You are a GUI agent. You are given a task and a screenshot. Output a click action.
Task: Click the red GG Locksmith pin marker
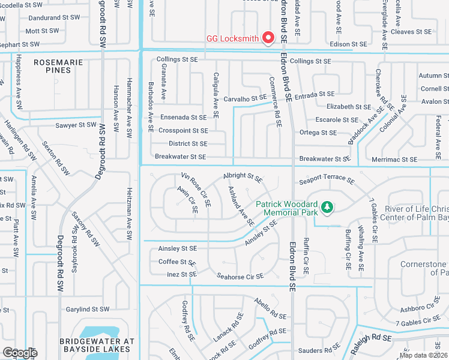pyautogui.click(x=268, y=38)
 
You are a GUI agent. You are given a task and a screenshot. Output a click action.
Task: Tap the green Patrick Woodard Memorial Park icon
pyautogui.click(x=327, y=207)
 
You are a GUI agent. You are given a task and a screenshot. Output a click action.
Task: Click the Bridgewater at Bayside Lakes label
pyautogui.click(x=96, y=344)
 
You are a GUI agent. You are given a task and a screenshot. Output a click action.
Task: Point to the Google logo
pyautogui.click(x=20, y=353)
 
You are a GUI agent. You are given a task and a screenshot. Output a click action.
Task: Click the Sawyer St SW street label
pyautogui.click(x=75, y=125)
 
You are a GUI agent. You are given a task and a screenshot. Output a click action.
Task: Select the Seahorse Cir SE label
pyautogui.click(x=240, y=277)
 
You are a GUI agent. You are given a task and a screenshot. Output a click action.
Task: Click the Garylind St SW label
pyautogui.click(x=88, y=309)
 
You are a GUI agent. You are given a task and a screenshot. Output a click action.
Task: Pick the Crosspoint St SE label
pyautogui.click(x=183, y=130)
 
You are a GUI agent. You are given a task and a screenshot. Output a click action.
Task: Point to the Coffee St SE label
pyautogui.click(x=177, y=262)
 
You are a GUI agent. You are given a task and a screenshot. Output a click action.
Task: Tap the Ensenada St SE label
pyautogui.click(x=183, y=117)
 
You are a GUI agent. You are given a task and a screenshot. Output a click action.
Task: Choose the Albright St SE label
pyautogui.click(x=243, y=178)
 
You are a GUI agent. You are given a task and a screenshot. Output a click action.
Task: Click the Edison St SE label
pyautogui.click(x=348, y=44)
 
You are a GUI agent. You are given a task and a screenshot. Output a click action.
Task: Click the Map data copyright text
pyautogui.click(x=423, y=355)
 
